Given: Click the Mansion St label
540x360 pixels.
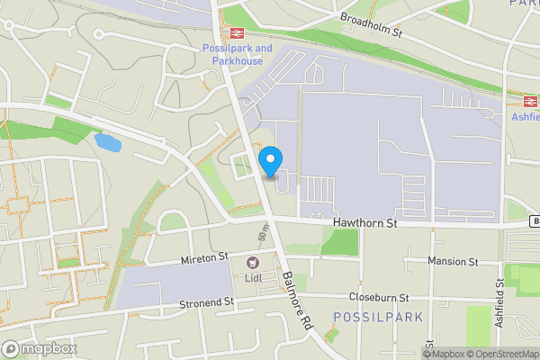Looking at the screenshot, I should point(453,262).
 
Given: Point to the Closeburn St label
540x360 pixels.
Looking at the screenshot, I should point(379,297).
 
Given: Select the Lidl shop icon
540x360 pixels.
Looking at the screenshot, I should point(253,263).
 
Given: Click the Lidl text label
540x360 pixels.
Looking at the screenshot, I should point(253,279).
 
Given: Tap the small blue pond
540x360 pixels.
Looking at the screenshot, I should point(107,142).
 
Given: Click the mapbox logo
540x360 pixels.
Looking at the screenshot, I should point(40,348).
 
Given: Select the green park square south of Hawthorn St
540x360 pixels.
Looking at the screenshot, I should point(339,242).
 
